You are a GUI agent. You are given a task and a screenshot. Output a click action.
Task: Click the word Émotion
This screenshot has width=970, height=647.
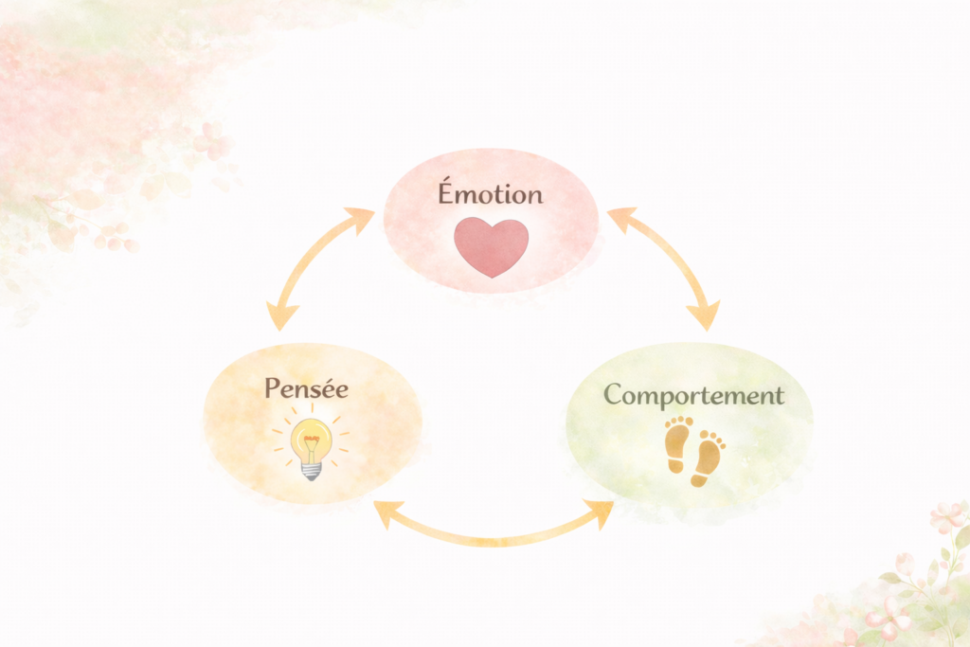(x=490, y=194)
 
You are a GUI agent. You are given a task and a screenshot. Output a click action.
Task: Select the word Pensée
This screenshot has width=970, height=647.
(x=306, y=388)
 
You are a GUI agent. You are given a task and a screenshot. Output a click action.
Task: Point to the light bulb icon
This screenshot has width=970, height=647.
(x=311, y=446)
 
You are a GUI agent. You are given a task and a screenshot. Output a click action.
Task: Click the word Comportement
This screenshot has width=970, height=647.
(x=693, y=395)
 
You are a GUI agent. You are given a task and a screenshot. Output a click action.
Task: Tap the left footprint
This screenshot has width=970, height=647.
(x=677, y=444)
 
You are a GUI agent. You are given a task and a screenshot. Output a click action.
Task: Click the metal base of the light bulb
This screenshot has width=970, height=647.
(x=311, y=469)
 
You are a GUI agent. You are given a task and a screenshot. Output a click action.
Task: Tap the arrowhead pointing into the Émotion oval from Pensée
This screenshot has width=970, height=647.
(x=361, y=218)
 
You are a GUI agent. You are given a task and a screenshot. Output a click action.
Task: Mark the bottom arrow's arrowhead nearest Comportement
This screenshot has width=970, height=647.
(x=602, y=512)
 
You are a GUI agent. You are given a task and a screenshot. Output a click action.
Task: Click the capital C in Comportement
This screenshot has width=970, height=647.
(x=616, y=395)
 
